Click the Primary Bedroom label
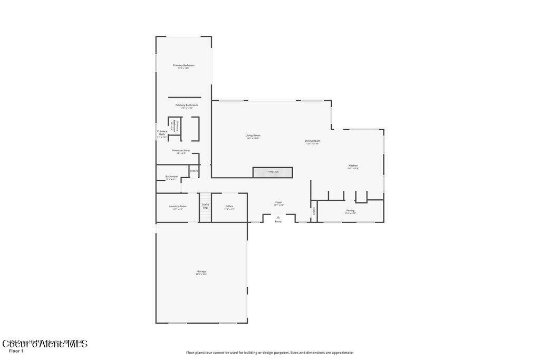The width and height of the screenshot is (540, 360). coord(184,65)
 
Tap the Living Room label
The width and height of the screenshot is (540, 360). coord(253,135)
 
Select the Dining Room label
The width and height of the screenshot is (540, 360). coord(312,141)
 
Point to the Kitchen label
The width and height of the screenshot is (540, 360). coord(353,166)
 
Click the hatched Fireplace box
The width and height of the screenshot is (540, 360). coord(273,172)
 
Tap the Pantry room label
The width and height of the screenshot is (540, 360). coord(350,210)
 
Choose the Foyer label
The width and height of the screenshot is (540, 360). coord(278,202)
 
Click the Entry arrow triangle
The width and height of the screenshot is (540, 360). coord(278,217)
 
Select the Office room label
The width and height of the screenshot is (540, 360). coord(229,206)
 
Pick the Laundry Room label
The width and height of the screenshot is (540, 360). coord(177,206)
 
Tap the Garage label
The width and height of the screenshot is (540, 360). coord(201,271)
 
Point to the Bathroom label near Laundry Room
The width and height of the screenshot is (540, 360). coord(171,177)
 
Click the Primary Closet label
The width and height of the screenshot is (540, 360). coord(181,150)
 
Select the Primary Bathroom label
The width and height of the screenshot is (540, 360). coord(187,105)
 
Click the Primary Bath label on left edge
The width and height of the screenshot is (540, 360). coord(162,133)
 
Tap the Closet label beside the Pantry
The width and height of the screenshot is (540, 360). coord(314,210)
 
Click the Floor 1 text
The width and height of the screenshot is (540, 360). coord(16,351)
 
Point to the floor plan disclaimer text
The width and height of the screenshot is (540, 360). coord(269,353)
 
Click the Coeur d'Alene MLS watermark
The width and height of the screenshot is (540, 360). coord(45,344)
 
